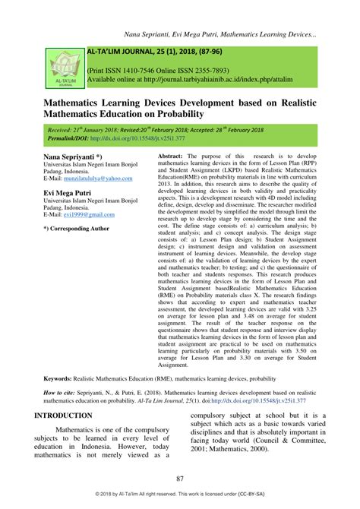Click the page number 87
pyautogui.click(x=180, y=478)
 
